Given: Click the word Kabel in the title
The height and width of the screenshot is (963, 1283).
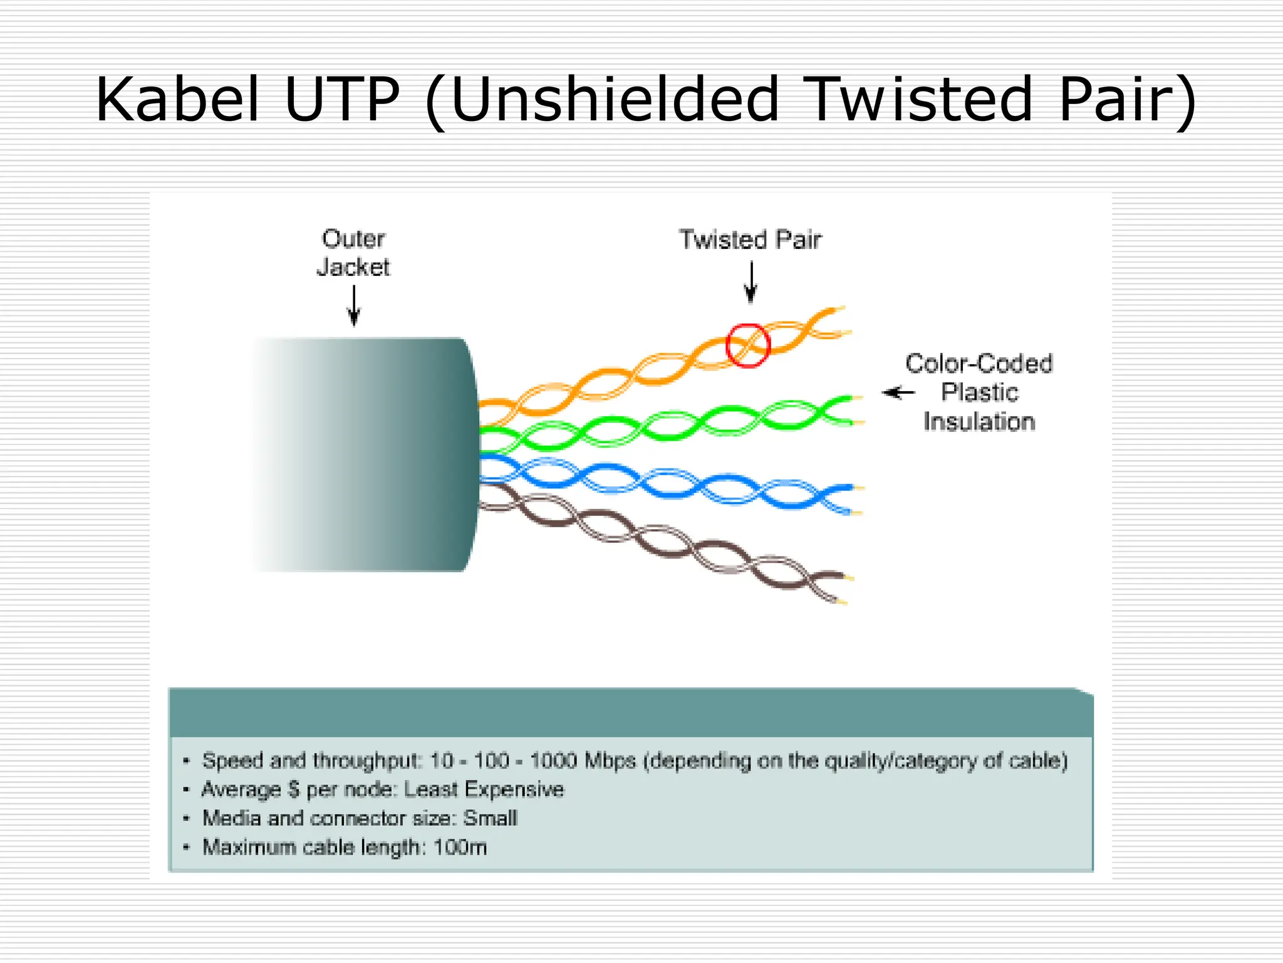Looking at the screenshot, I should (x=177, y=100).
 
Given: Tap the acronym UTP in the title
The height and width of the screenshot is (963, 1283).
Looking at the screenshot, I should (x=341, y=100).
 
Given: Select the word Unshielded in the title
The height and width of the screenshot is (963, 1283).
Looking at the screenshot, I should (x=614, y=100).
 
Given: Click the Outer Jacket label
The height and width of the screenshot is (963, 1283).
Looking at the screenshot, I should (x=353, y=253).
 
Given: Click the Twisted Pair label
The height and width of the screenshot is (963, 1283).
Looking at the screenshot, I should (x=750, y=240).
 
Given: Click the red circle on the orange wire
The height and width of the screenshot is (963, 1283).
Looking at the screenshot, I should (x=747, y=345).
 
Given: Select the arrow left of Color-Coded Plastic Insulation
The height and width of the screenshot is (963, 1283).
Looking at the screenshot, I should (x=899, y=393).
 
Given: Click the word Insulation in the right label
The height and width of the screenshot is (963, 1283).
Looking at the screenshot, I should (x=979, y=422).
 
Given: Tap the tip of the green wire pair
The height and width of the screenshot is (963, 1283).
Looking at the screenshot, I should (x=853, y=411).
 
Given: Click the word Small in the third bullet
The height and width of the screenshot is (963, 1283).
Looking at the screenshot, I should (x=490, y=818).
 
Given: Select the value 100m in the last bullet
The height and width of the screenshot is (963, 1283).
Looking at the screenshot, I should (x=460, y=847).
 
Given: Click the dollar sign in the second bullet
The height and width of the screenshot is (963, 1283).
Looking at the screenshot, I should (x=294, y=789).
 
